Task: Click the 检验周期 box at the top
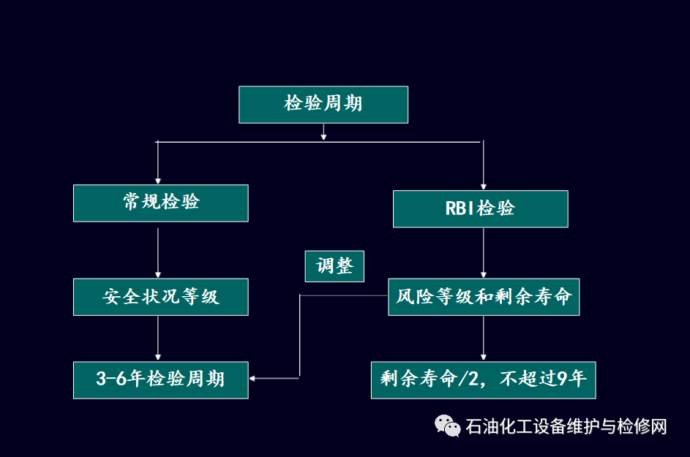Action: (x=323, y=105)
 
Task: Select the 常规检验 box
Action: (x=160, y=203)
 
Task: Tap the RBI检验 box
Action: (x=480, y=208)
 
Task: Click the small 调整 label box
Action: (x=334, y=266)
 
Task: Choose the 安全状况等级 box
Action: (x=160, y=297)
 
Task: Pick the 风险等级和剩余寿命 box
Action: (x=483, y=297)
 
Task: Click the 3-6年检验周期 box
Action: (x=160, y=379)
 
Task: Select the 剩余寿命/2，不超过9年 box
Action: (x=483, y=379)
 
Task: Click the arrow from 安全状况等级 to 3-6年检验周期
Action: (x=159, y=338)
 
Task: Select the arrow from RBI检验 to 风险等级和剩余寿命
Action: (x=483, y=253)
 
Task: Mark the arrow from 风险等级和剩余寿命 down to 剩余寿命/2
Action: (x=483, y=338)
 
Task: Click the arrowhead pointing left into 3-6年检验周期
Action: (x=253, y=378)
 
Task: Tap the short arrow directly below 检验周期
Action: (x=323, y=132)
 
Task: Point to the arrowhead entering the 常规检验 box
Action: (x=158, y=180)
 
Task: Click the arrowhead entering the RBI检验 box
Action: (x=483, y=186)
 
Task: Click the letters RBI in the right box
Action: (x=460, y=208)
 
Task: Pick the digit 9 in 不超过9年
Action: (x=562, y=379)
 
